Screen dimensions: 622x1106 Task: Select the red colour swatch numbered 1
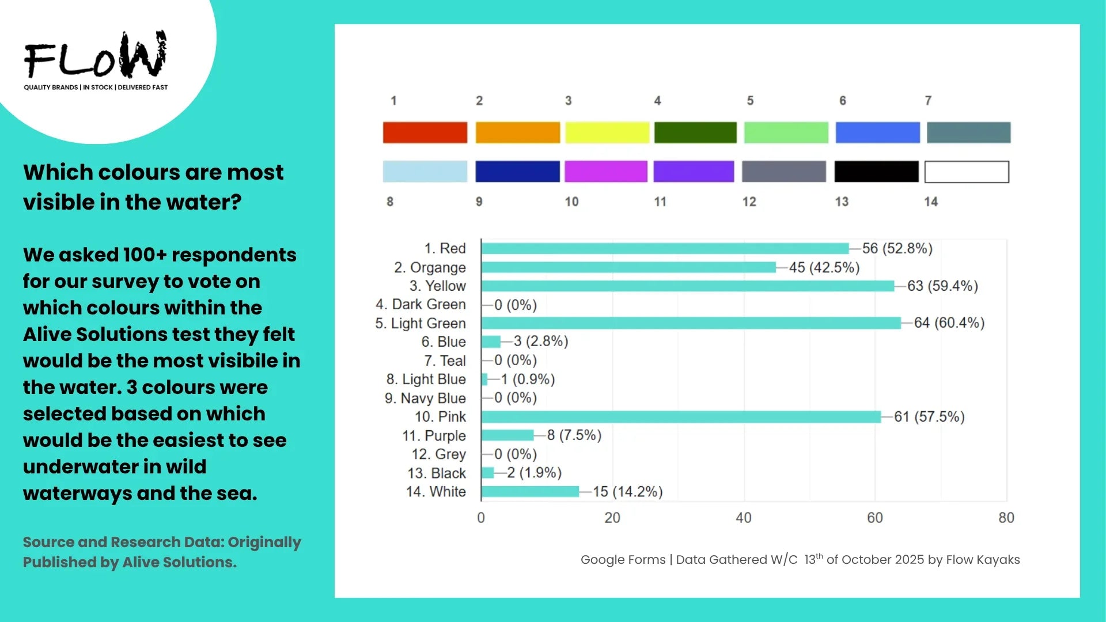(425, 132)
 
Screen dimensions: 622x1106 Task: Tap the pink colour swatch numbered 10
(605, 172)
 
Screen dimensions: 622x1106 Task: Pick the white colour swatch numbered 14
(967, 172)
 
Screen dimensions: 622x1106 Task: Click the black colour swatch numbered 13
(876, 172)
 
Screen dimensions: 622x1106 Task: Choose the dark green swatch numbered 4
(695, 132)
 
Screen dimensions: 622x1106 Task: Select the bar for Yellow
(687, 286)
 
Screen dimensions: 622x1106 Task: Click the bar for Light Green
(691, 323)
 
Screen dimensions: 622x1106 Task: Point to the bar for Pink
(681, 416)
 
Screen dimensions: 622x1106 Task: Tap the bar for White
(530, 491)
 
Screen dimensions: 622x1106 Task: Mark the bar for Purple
(507, 435)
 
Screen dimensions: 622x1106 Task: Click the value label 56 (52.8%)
(897, 248)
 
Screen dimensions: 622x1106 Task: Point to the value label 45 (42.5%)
(824, 267)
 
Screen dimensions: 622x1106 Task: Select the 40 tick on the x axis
(743, 518)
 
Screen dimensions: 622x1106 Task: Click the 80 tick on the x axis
(1006, 518)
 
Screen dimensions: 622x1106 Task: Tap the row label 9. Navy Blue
(425, 398)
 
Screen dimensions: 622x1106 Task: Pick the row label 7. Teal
(445, 361)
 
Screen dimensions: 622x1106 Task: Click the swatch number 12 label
(749, 202)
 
